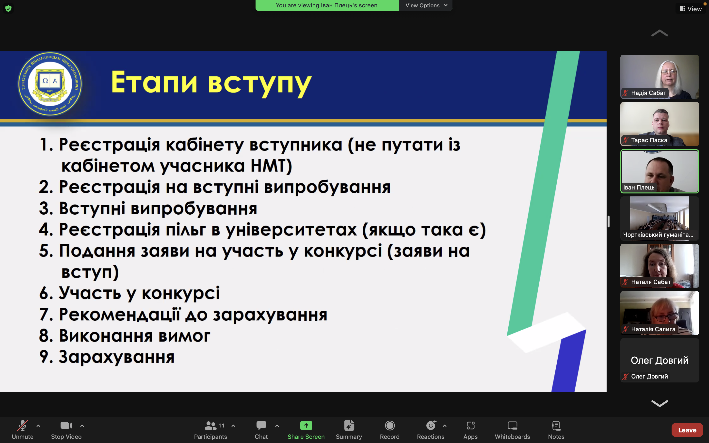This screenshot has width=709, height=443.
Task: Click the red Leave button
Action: pos(687,430)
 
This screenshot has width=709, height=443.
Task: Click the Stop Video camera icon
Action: pos(66,426)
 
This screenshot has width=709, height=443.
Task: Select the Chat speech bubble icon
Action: pos(261,426)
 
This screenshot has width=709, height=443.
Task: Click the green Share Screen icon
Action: pos(306,426)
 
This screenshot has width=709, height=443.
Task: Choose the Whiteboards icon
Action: pos(512,426)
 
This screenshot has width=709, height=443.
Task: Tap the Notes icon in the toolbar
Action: pos(556,426)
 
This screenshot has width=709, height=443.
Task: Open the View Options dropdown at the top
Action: pos(426,5)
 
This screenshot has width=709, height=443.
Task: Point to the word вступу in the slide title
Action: pos(259,83)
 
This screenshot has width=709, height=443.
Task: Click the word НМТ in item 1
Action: pos(268,166)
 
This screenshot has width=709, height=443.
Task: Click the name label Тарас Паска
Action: pos(649,140)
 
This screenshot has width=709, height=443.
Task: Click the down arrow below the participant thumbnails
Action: pos(659,403)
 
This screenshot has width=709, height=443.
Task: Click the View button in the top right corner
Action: pos(691,9)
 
